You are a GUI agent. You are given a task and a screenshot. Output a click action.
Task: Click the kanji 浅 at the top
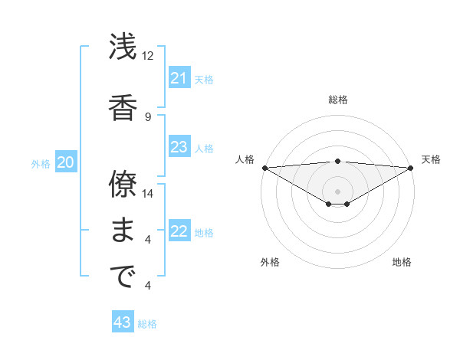tap(123, 47)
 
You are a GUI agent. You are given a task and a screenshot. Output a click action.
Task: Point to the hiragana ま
tap(123, 231)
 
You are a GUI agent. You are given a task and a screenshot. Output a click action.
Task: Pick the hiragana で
tap(123, 277)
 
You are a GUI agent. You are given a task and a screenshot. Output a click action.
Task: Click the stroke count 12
tap(148, 56)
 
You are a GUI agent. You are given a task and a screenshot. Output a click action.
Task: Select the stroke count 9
tap(148, 116)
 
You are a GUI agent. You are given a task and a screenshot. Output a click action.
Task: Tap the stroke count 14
tap(148, 194)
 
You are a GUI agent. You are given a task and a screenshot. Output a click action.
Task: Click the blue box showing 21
tap(179, 77)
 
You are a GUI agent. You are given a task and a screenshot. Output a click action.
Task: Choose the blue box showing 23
tap(179, 147)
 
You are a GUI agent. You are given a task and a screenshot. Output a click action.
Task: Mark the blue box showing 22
tap(179, 231)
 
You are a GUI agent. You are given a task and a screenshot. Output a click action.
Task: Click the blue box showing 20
tap(66, 162)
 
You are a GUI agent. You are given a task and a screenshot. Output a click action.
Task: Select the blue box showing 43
tap(123, 322)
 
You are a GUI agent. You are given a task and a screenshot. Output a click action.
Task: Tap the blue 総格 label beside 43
tap(148, 324)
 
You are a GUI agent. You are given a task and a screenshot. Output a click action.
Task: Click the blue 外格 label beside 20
tap(40, 163)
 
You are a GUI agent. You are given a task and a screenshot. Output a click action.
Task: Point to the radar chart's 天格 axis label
tap(432, 159)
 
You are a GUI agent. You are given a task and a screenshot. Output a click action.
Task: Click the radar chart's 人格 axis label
tap(245, 159)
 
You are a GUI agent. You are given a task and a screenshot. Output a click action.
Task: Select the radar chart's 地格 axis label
tap(402, 262)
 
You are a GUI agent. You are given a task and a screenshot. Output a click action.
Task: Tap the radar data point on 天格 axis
tap(411, 168)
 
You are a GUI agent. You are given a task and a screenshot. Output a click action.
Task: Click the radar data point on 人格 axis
tap(264, 168)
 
